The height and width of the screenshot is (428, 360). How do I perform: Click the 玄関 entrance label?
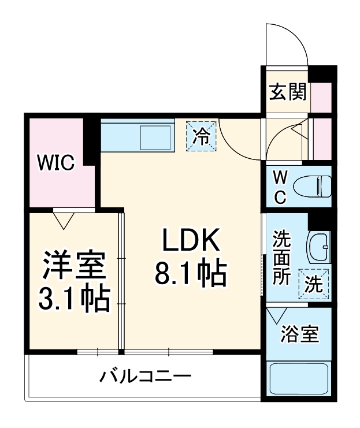point(287,92)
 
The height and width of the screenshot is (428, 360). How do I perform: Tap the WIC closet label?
point(56,163)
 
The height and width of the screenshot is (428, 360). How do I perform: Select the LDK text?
point(190,241)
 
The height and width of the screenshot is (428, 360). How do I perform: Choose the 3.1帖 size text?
point(75,299)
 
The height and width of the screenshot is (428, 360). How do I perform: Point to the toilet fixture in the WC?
point(311,186)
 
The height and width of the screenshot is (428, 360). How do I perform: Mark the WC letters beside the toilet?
point(280,186)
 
